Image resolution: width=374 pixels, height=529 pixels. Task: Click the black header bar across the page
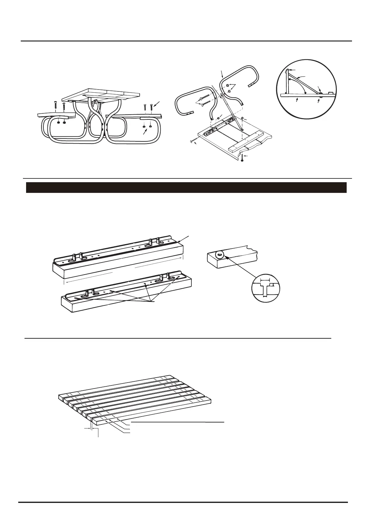pos(186,187)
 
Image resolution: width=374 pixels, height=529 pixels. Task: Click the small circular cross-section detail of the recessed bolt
pos(266,288)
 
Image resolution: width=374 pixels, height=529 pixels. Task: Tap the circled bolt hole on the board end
pos(219,254)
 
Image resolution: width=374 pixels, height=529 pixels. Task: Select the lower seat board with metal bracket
pos(126,297)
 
